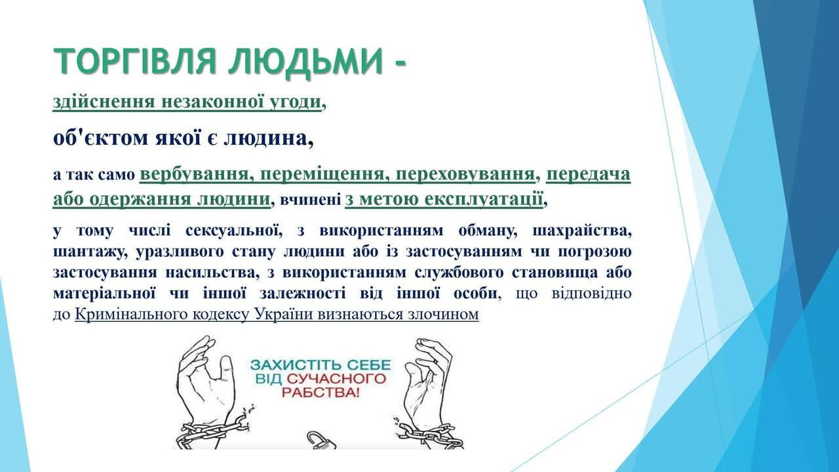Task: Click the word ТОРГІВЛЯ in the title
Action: (135, 61)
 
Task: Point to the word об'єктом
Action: (101, 138)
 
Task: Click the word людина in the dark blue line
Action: (266, 139)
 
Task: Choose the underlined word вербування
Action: (195, 175)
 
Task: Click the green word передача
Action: (588, 175)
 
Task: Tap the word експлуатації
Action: (484, 199)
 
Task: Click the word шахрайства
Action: (581, 231)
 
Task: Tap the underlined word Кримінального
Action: (157, 315)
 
